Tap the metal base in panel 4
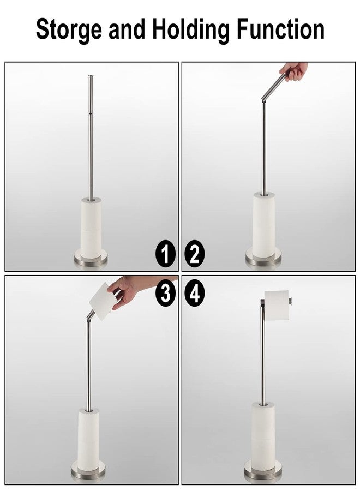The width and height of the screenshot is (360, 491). coord(262,470)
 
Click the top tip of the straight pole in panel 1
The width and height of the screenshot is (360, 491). coord(90,77)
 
